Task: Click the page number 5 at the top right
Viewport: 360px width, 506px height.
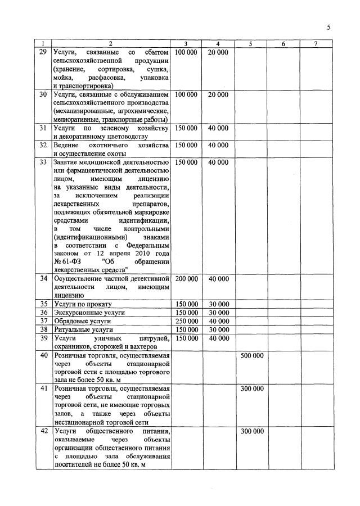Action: (328, 27)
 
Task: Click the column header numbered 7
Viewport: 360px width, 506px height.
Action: (316, 44)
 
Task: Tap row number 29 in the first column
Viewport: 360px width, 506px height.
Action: (43, 52)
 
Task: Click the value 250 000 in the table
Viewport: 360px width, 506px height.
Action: (186, 321)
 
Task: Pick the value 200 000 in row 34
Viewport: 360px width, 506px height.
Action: (186, 279)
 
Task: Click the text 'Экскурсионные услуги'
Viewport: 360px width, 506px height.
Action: (89, 313)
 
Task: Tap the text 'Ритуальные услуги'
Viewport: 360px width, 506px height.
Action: (83, 329)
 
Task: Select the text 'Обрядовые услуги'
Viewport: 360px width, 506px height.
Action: (81, 321)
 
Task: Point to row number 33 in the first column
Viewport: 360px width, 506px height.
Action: (43, 162)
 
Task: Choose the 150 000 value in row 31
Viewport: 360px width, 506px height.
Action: (186, 128)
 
